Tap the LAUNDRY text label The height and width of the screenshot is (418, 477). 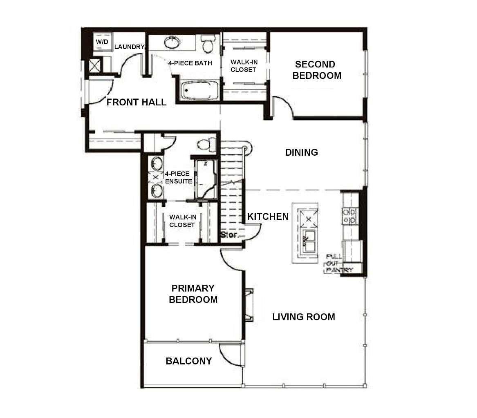pos(129,47)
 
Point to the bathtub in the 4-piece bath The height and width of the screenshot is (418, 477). pos(200,90)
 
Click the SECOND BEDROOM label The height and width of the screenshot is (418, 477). pos(317,70)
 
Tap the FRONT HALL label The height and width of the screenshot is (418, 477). pos(136,102)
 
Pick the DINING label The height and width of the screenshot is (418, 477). pos(301,152)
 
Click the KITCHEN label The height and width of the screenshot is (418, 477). pos(268,217)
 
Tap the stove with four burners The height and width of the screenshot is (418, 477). pos(349,216)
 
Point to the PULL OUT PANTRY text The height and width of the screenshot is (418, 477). pos(339,263)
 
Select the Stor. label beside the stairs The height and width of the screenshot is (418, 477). pos(228,235)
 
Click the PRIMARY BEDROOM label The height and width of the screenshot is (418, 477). pos(193,294)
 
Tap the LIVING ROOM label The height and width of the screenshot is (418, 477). pos(303,317)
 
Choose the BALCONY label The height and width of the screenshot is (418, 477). pos(188,361)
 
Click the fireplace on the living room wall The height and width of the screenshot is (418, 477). pos(249,304)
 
